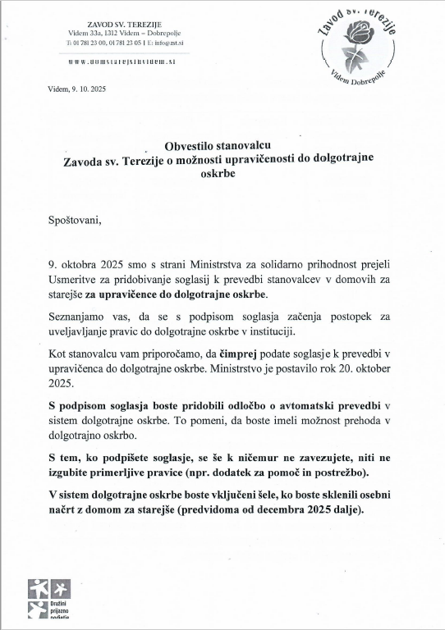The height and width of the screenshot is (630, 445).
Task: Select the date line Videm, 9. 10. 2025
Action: (x=77, y=88)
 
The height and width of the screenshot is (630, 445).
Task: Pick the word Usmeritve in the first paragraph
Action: (x=76, y=281)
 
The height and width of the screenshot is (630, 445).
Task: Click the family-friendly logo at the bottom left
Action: (x=50, y=600)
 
